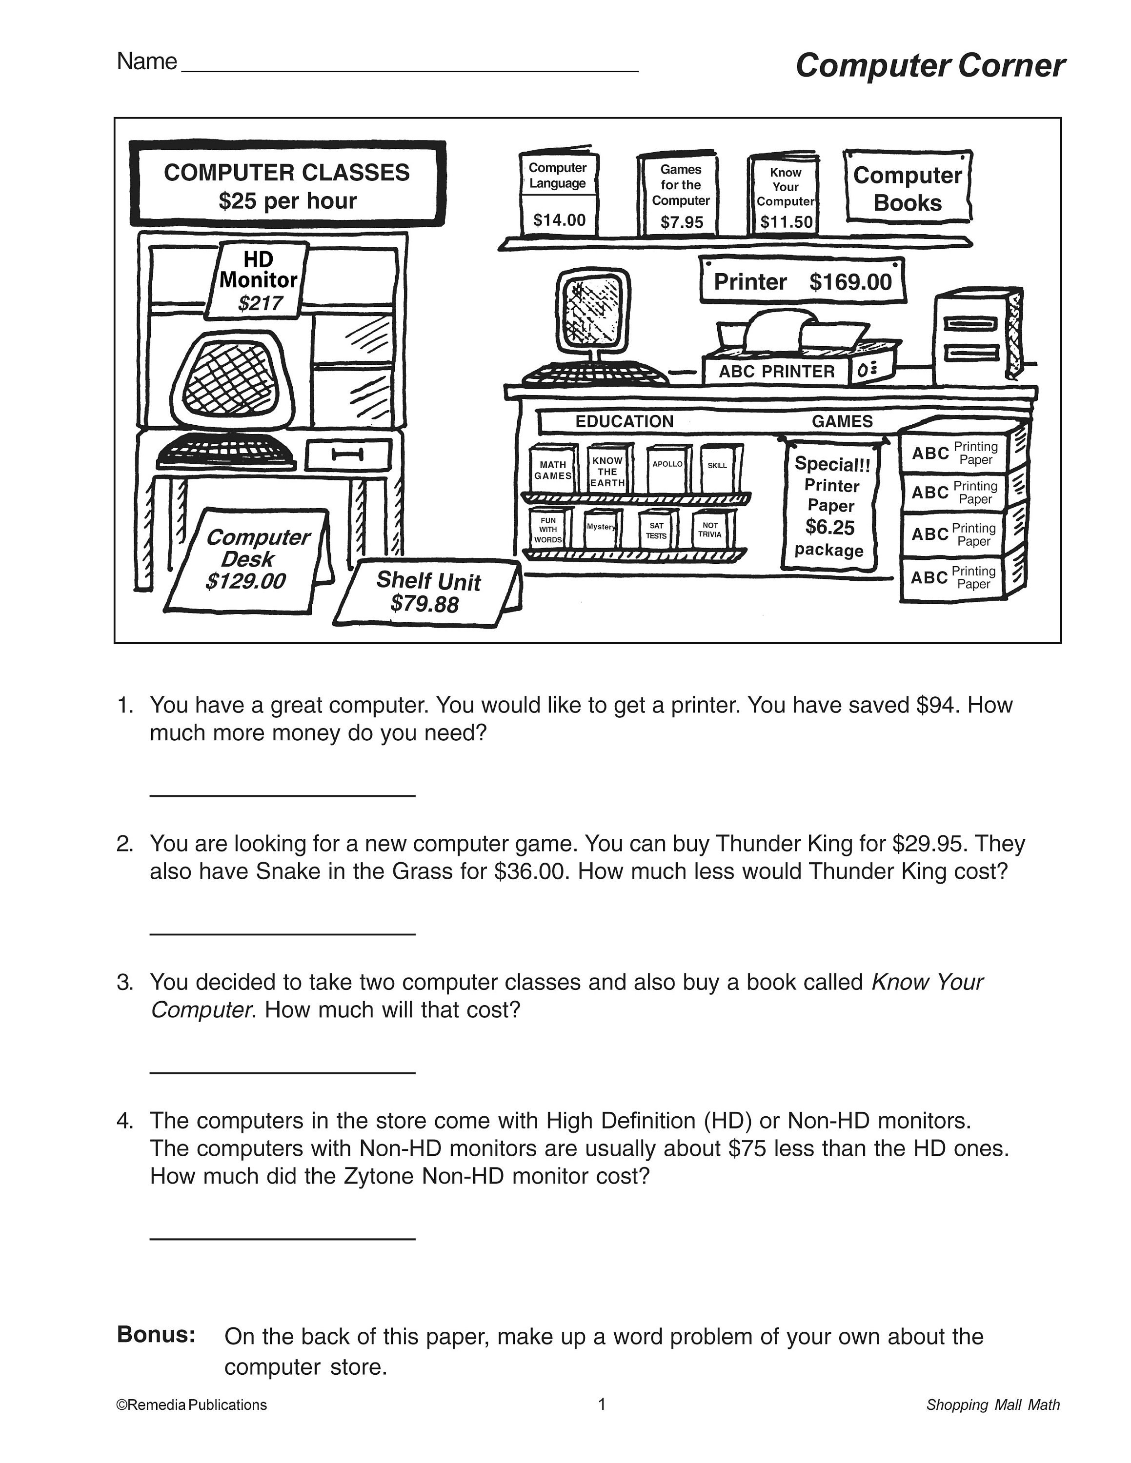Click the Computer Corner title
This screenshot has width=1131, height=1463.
click(929, 66)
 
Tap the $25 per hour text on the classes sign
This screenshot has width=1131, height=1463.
click(287, 201)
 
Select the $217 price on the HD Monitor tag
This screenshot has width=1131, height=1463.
click(260, 303)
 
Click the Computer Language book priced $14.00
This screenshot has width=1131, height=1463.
click(559, 194)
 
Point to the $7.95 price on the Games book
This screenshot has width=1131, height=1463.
click(682, 222)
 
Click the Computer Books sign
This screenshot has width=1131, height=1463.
click(907, 188)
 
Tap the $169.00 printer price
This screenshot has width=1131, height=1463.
click(850, 282)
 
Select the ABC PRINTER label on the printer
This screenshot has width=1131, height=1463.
click(777, 372)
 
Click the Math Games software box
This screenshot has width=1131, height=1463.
click(553, 470)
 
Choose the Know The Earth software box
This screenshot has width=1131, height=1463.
click(608, 471)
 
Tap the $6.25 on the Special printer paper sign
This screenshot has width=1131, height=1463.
click(829, 527)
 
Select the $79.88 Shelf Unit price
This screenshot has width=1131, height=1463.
click(425, 604)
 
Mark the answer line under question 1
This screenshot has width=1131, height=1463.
click(282, 795)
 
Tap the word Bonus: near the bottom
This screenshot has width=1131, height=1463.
click(156, 1334)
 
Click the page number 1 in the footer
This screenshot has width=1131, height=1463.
click(602, 1404)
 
